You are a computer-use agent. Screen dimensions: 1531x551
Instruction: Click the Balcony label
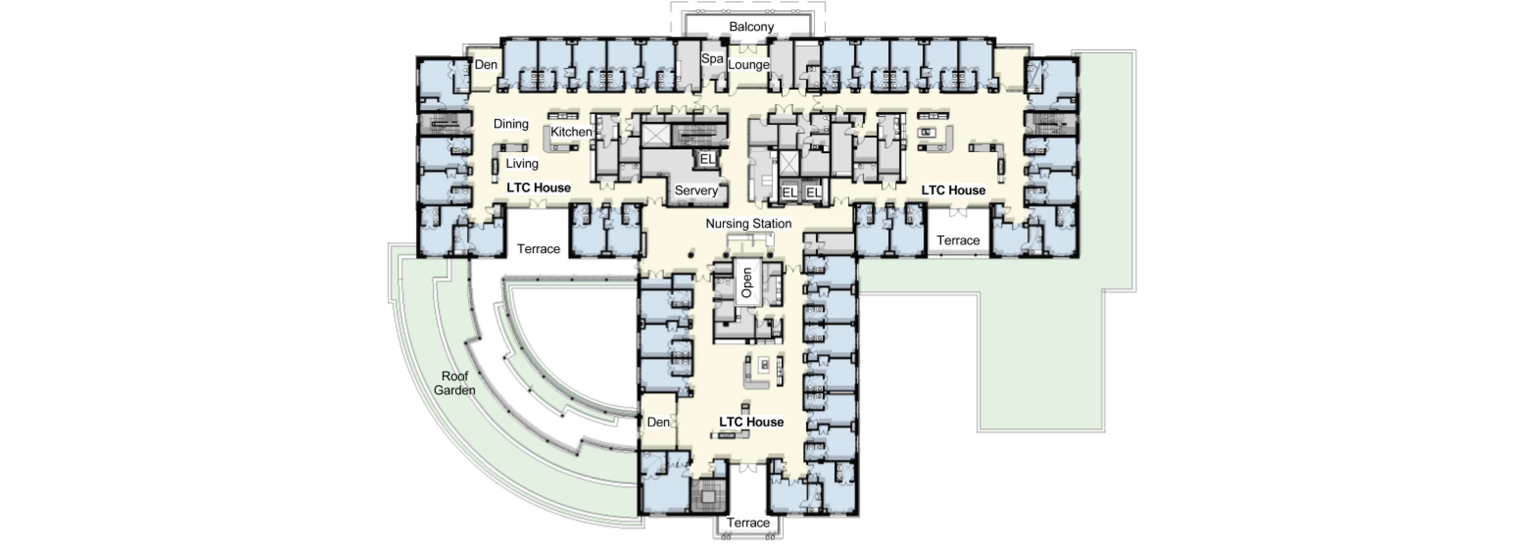tap(751, 27)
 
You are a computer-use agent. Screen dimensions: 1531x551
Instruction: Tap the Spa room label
tap(712, 59)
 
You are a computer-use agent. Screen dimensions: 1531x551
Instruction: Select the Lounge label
tap(748, 65)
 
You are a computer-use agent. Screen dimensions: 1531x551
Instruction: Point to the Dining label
tap(511, 124)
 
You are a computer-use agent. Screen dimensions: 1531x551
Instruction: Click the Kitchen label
tap(571, 132)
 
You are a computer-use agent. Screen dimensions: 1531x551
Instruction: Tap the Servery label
tap(696, 191)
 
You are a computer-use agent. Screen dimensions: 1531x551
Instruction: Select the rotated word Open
tap(747, 283)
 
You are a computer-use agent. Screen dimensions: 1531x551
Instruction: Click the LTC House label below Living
tap(539, 188)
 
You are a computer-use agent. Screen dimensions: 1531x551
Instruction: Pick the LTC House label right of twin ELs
tap(953, 190)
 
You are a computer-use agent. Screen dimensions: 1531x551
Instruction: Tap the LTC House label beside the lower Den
tap(751, 422)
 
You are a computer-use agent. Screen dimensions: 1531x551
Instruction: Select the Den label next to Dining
tap(486, 65)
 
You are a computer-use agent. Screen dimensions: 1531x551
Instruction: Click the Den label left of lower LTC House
tap(658, 422)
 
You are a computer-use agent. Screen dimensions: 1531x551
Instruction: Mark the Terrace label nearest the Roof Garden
tap(539, 249)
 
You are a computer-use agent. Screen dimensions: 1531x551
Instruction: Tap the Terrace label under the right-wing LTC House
tap(958, 241)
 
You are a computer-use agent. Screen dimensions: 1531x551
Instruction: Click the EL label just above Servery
tap(707, 159)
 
